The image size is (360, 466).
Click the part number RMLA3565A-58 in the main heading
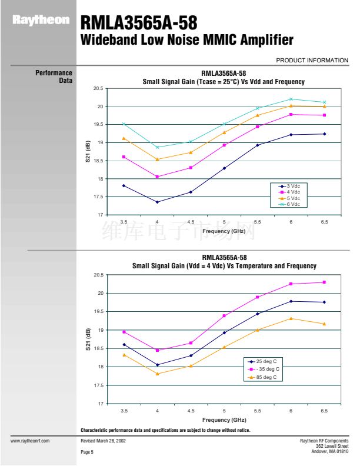(x=138, y=24)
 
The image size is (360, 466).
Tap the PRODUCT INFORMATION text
(x=312, y=60)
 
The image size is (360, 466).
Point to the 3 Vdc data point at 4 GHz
(x=157, y=202)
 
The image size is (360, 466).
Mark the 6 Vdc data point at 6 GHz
(x=291, y=99)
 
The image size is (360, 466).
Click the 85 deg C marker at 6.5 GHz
(x=324, y=324)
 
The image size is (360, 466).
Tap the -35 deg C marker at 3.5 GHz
(x=124, y=332)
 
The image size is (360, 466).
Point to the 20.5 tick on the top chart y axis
(x=98, y=89)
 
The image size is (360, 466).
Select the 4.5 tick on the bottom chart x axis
(x=191, y=410)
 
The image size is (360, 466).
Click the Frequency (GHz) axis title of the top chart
(x=224, y=231)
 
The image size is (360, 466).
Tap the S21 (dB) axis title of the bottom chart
(x=88, y=339)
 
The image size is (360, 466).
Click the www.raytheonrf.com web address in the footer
(x=30, y=440)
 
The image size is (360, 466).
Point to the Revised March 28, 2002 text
(x=103, y=440)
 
